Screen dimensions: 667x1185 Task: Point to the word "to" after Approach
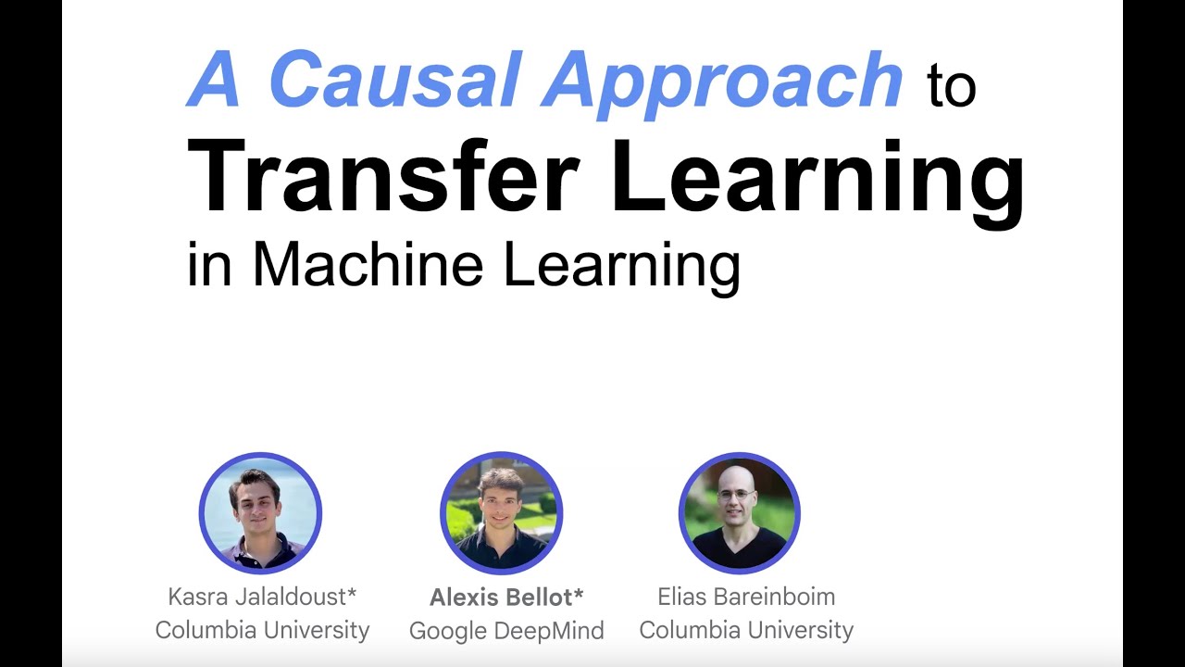951,88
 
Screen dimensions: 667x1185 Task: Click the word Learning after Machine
621,266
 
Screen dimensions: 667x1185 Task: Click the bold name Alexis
465,598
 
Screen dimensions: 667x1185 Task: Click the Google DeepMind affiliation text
506,631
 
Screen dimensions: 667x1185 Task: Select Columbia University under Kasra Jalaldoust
262,631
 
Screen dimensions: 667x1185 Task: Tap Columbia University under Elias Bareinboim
746,631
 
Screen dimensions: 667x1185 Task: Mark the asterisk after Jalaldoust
352,592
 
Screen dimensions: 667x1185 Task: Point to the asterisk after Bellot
579,593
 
